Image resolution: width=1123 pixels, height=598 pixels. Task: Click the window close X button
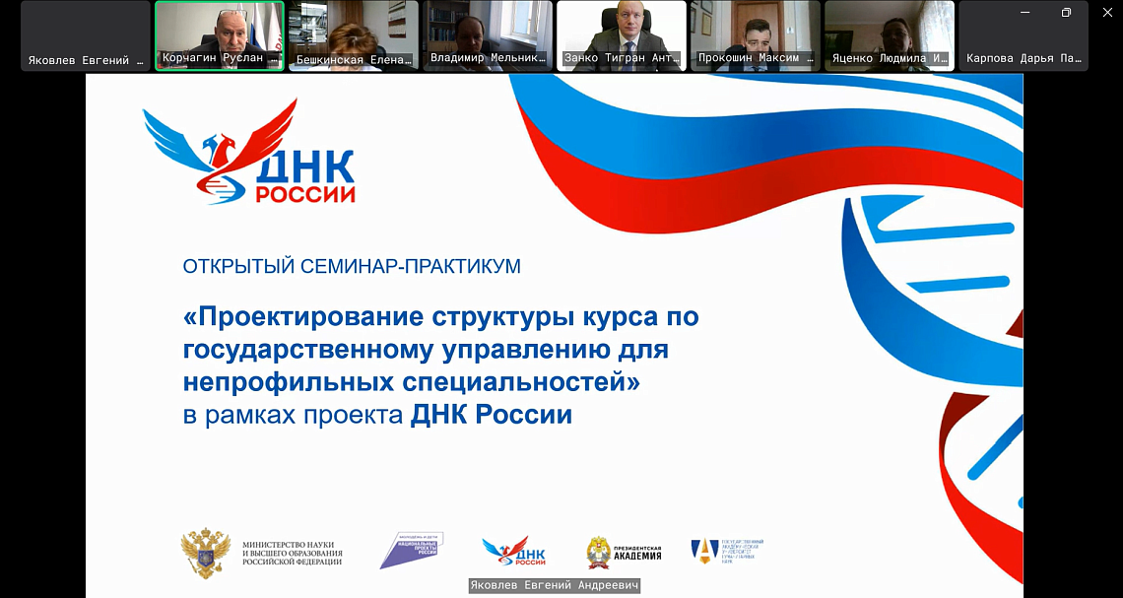coord(1106,12)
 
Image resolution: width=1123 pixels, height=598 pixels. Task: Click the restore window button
coord(1066,12)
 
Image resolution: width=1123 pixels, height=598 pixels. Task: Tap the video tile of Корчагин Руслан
coord(220,34)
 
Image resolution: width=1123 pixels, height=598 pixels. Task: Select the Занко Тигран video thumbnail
coord(622,34)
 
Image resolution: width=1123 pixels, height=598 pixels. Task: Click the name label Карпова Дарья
coord(1024,59)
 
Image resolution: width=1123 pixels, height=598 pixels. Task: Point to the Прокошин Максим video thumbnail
coord(756,34)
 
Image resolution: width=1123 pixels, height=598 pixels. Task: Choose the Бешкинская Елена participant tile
coord(354,34)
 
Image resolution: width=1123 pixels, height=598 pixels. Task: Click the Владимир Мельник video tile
coord(488,34)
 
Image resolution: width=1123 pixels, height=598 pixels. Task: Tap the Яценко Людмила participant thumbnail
coord(890,34)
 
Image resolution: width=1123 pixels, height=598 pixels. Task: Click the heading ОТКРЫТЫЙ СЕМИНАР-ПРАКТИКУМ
coord(352,266)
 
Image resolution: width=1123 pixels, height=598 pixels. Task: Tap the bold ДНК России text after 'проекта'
coord(491,415)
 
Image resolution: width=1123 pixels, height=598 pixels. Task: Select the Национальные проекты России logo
coord(411,550)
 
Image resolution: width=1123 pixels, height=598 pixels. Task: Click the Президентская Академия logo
coord(625,552)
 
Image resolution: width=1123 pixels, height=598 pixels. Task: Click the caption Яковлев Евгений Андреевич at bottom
coord(555,586)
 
